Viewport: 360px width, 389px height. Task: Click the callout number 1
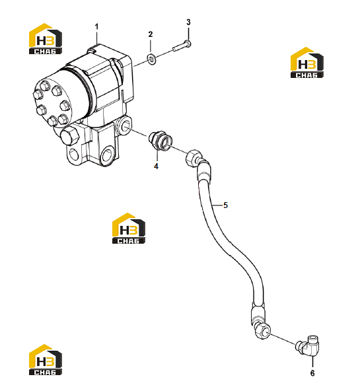pyautogui.click(x=96, y=26)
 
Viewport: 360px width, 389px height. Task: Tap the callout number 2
pyautogui.click(x=151, y=34)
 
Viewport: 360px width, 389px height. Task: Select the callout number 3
pyautogui.click(x=188, y=22)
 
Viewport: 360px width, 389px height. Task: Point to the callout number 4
pyautogui.click(x=156, y=166)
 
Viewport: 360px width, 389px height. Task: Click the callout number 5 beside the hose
pyautogui.click(x=225, y=205)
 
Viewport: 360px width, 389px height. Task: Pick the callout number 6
pyautogui.click(x=312, y=373)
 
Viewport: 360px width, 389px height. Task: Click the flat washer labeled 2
pyautogui.click(x=151, y=59)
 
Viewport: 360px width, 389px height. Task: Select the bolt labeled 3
pyautogui.click(x=182, y=47)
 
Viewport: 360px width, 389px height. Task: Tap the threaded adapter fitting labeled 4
pyautogui.click(x=160, y=141)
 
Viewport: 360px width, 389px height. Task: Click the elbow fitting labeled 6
pyautogui.click(x=308, y=346)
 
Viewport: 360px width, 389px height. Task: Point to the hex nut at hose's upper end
pyautogui.click(x=194, y=158)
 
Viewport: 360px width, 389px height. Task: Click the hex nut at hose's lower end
pyautogui.click(x=262, y=332)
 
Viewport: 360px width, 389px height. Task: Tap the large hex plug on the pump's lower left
pyautogui.click(x=69, y=137)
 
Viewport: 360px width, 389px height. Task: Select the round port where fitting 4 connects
pyautogui.click(x=124, y=125)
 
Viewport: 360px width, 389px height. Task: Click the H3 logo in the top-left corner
pyautogui.click(x=46, y=39)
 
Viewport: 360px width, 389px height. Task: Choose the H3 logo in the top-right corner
pyautogui.click(x=307, y=63)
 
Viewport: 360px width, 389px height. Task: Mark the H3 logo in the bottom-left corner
pyautogui.click(x=46, y=359)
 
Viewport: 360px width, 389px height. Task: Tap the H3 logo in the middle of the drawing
pyautogui.click(x=129, y=229)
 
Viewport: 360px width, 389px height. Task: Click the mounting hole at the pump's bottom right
pyautogui.click(x=108, y=155)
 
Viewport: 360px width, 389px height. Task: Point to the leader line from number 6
pyautogui.click(x=312, y=362)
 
